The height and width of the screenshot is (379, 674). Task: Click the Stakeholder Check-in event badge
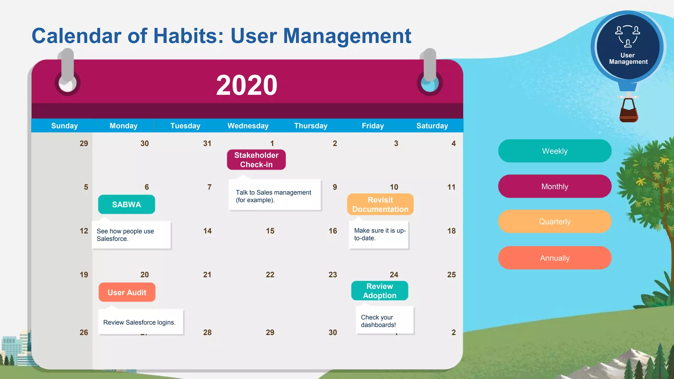tap(256, 160)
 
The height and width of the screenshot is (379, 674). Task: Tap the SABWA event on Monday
tap(126, 204)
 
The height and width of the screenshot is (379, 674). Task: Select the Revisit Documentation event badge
tap(380, 204)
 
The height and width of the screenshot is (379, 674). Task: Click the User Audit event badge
tap(127, 292)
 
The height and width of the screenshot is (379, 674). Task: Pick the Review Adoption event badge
tap(379, 291)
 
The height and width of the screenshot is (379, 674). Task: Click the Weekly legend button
tap(555, 151)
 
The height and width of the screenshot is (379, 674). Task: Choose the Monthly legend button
tap(555, 186)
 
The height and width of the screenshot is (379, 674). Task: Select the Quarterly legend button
tap(555, 221)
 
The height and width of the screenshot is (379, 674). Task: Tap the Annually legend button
tap(555, 258)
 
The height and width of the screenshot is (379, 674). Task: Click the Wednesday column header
tap(248, 126)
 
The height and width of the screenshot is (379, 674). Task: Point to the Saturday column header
tap(432, 126)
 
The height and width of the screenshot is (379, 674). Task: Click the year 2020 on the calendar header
tap(246, 85)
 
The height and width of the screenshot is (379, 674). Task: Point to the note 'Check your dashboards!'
tap(384, 321)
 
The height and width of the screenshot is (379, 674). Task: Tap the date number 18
tap(451, 231)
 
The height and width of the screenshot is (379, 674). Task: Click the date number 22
tap(270, 274)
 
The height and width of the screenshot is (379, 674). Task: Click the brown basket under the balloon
tap(628, 112)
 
